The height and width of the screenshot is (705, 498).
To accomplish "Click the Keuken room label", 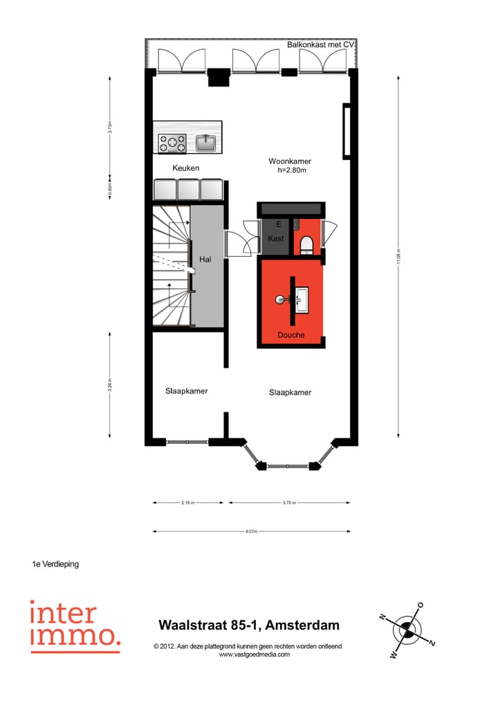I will [185, 168].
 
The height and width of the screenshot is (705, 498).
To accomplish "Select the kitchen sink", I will [206, 143].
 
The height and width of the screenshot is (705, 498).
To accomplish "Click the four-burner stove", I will [172, 143].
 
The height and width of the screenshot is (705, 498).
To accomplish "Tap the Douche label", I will [291, 335].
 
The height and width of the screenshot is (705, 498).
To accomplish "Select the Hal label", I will [205, 259].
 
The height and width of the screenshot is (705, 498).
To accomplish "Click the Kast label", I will [276, 239].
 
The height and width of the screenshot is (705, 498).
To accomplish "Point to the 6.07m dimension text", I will [250, 532].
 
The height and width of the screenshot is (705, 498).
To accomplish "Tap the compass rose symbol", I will [407, 630].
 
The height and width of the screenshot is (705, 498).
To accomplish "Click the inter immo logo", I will [74, 626].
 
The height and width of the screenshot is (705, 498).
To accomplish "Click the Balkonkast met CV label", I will [320, 44].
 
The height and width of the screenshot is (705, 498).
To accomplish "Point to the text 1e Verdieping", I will [55, 564].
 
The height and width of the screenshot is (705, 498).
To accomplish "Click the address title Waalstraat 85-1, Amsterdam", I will [249, 625].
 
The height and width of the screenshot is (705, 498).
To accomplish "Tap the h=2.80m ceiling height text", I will [291, 170].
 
